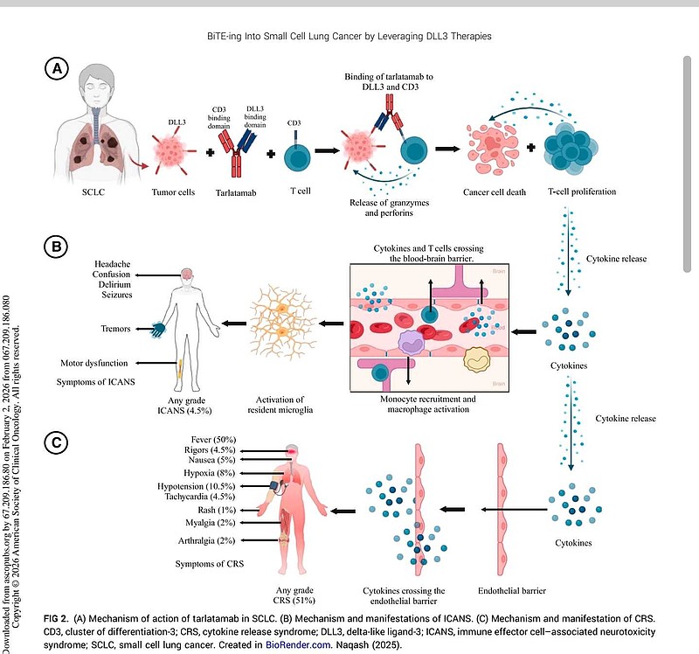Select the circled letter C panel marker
tap(58, 442)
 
